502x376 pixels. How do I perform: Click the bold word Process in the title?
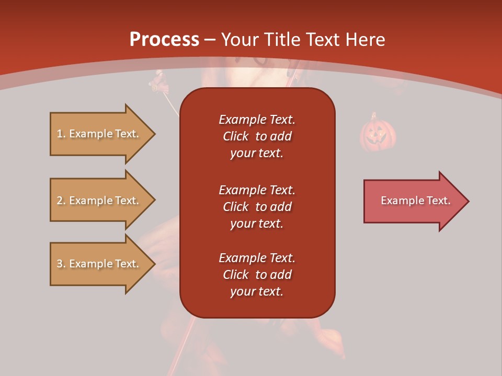coord(164,40)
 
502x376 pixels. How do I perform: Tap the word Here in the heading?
coord(364,40)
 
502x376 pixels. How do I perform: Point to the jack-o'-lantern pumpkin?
coord(378,133)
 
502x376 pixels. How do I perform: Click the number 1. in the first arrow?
coord(61,134)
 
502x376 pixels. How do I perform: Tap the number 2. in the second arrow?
coord(61,201)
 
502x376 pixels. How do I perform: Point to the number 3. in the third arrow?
coord(61,264)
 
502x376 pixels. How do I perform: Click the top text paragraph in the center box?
coord(257,136)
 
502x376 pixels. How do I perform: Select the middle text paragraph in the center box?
coord(257,207)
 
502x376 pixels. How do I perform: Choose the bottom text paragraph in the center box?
coord(257,275)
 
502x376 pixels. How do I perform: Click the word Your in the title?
coord(239,40)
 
